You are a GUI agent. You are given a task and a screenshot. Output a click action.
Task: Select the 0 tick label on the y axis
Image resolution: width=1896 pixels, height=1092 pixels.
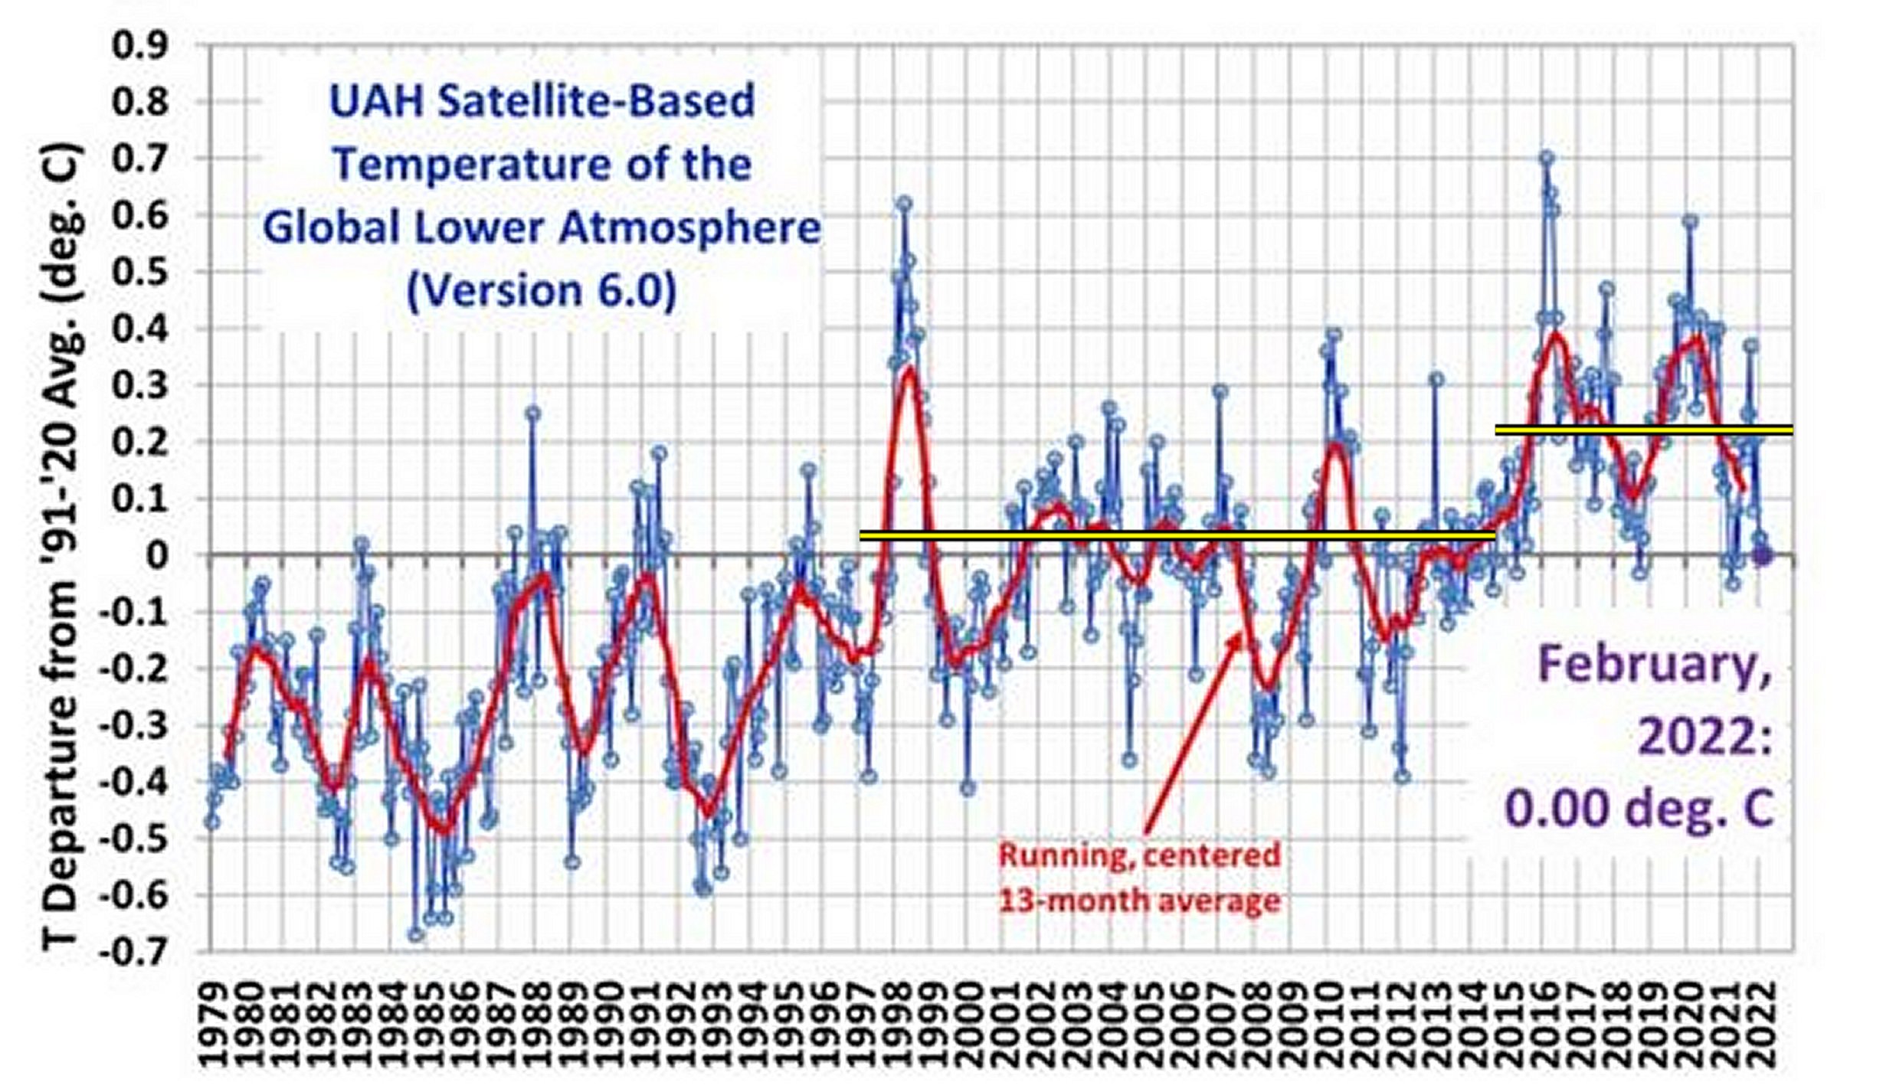158,554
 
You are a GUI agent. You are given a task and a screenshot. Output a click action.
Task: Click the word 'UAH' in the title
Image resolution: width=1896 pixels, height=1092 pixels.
375,102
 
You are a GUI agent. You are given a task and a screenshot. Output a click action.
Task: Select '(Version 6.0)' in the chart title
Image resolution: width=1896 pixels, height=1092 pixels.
542,291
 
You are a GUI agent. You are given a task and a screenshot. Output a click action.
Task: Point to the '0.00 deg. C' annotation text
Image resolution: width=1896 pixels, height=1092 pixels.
1639,808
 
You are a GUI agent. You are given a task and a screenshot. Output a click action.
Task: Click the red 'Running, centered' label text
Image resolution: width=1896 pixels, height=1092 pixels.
1139,855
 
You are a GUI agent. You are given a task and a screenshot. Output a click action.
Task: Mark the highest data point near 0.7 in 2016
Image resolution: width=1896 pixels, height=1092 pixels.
1547,158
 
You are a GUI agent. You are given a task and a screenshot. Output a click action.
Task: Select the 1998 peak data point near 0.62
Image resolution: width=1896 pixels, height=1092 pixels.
904,203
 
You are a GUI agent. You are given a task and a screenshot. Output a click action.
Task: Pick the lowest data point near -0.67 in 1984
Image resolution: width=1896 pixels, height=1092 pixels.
416,934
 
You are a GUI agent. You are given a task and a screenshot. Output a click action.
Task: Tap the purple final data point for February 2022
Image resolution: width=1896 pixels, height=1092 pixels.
1763,556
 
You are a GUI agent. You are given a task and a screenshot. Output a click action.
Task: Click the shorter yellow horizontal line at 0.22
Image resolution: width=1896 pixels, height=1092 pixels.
1643,430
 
